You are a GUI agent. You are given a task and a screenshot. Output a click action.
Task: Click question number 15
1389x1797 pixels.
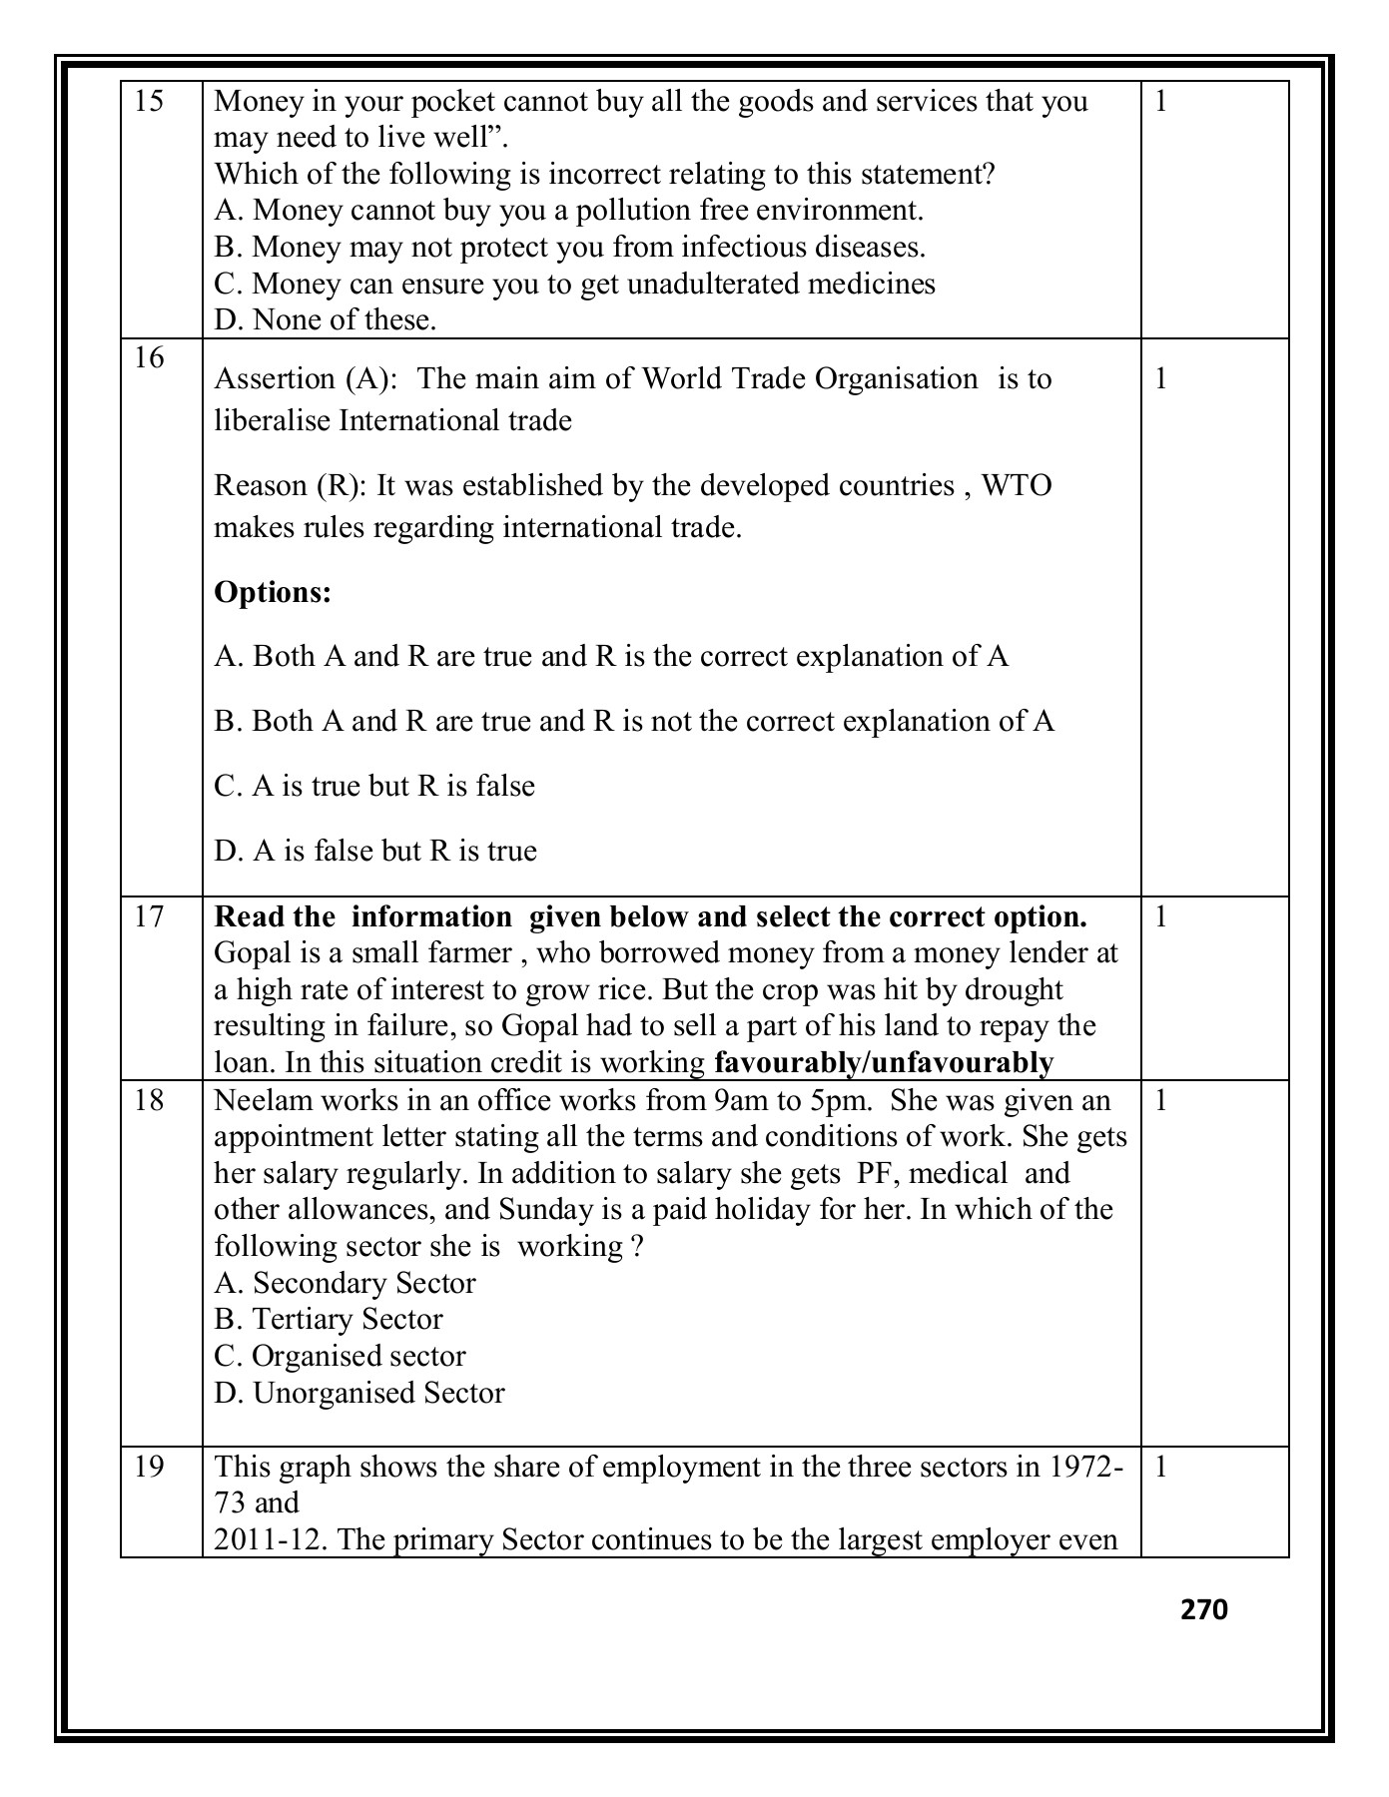coord(148,102)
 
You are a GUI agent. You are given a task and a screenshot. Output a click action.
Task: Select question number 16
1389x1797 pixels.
coord(148,358)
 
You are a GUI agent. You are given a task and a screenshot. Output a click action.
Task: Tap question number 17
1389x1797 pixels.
coord(148,916)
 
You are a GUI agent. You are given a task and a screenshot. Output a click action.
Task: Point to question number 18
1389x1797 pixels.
coord(148,1100)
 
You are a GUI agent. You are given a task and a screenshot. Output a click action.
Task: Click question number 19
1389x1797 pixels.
coord(148,1467)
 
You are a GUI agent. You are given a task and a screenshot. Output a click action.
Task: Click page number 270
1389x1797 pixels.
coord(1203,1609)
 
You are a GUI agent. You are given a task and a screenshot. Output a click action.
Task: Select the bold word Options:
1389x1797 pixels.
coord(273,592)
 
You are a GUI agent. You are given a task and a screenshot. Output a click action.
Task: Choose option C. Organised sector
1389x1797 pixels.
coord(340,1356)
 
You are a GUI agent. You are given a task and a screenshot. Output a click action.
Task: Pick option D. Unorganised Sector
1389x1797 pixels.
coord(359,1393)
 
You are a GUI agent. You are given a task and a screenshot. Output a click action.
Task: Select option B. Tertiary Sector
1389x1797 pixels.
coord(329,1319)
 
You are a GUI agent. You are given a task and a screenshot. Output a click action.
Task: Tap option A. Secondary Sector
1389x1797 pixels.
coord(345,1283)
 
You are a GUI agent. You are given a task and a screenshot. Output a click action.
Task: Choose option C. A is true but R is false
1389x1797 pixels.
coord(374,786)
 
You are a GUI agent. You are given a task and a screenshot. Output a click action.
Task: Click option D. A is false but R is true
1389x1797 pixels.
coord(375,851)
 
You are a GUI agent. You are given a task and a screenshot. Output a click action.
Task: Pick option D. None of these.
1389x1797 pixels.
coord(326,320)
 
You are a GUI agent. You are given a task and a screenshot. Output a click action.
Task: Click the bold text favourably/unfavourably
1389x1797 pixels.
coord(884,1063)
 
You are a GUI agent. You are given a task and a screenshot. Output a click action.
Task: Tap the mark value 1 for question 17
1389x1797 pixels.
coord(1160,916)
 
